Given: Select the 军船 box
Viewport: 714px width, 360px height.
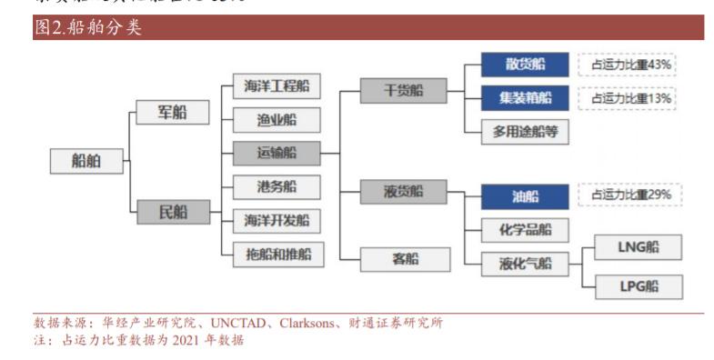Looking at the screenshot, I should pyautogui.click(x=172, y=112).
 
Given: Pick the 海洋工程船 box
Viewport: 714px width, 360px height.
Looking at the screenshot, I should pyautogui.click(x=277, y=87).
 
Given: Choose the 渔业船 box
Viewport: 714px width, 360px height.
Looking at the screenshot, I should pyautogui.click(x=277, y=121).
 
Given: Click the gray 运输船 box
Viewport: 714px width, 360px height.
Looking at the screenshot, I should pyautogui.click(x=277, y=154).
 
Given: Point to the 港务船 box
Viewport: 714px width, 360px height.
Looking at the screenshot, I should pyautogui.click(x=277, y=187).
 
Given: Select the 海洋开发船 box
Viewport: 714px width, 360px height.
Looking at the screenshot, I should pyautogui.click(x=277, y=220).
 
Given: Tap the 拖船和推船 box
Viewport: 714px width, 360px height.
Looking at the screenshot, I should pyautogui.click(x=277, y=254).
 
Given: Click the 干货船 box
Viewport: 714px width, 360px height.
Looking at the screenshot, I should pyautogui.click(x=404, y=90).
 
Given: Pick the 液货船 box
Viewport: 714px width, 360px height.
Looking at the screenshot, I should pyautogui.click(x=404, y=192).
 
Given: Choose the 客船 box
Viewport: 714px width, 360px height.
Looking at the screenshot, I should pyautogui.click(x=404, y=259).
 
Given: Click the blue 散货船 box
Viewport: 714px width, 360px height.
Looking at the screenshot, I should pyautogui.click(x=525, y=64).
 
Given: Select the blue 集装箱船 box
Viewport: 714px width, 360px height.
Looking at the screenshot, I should pyautogui.click(x=525, y=97).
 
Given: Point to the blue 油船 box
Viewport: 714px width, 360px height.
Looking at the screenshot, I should pyautogui.click(x=525, y=195).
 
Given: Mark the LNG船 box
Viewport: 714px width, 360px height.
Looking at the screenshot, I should pyautogui.click(x=638, y=246).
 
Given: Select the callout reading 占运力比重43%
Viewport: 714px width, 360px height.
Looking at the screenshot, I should pyautogui.click(x=631, y=65).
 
